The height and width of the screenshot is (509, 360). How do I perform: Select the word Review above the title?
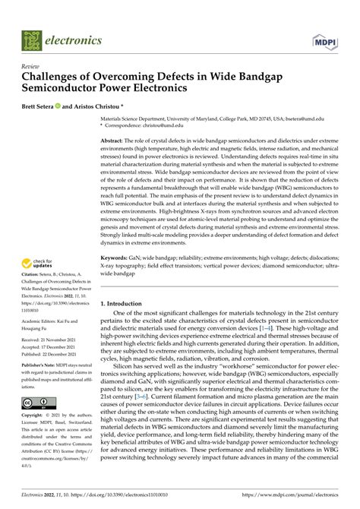tap(33, 66)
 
